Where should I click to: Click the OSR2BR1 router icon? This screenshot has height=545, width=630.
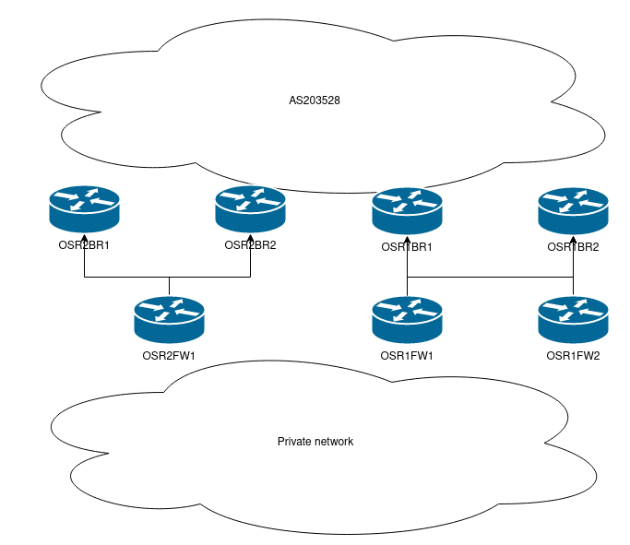pyautogui.click(x=84, y=209)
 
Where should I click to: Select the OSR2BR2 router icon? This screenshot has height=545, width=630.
pyautogui.click(x=250, y=209)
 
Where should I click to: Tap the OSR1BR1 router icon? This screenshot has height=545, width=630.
pyautogui.click(x=407, y=210)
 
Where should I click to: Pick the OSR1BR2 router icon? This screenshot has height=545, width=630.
pyautogui.click(x=573, y=210)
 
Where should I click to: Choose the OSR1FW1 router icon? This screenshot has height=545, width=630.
pyautogui.click(x=407, y=319)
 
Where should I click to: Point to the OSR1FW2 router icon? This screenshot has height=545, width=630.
pyautogui.click(x=573, y=319)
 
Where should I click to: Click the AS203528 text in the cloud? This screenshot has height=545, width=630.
pyautogui.click(x=315, y=100)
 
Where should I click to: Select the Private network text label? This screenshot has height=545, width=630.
pyautogui.click(x=315, y=442)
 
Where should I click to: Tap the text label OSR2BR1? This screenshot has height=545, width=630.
pyautogui.click(x=84, y=245)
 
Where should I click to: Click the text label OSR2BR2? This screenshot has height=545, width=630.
pyautogui.click(x=250, y=245)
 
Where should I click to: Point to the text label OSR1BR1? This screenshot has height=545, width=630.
pyautogui.click(x=407, y=247)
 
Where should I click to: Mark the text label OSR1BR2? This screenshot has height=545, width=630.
pyautogui.click(x=573, y=247)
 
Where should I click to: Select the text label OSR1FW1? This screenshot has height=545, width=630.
pyautogui.click(x=407, y=355)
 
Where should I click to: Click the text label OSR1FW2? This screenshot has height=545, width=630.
pyautogui.click(x=573, y=355)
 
